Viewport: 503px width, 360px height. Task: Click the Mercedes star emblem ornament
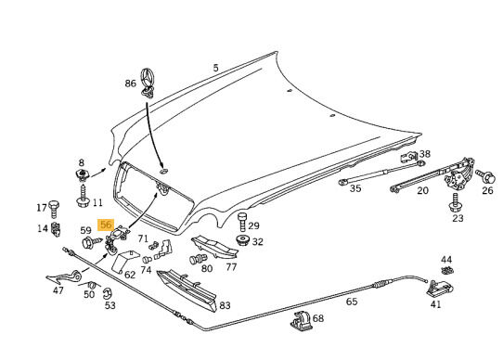(148, 81)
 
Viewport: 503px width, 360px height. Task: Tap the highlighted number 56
(106, 225)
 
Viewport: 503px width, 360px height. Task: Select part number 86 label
(130, 84)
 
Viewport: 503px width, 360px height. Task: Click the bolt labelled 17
(54, 209)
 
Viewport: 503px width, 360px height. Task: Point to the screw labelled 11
(83, 197)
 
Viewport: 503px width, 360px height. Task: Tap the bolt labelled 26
(485, 176)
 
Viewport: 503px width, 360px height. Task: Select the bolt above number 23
(455, 203)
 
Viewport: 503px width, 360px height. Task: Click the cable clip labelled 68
(302, 320)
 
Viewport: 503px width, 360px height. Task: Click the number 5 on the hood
(215, 68)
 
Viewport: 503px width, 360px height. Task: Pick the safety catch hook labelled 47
(65, 276)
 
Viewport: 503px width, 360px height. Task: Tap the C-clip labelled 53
(108, 293)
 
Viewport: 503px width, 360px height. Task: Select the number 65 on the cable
(352, 302)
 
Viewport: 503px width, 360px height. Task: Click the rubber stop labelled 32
(243, 240)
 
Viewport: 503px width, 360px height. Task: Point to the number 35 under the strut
(355, 188)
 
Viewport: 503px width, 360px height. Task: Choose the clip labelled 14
(56, 229)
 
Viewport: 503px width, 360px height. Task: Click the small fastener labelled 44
(447, 271)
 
